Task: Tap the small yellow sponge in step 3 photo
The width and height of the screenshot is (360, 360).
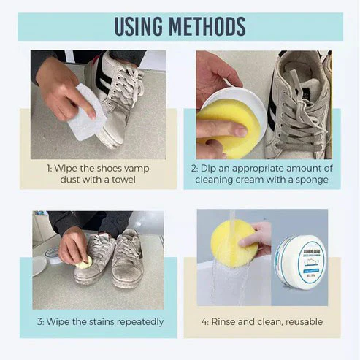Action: (x=83, y=261)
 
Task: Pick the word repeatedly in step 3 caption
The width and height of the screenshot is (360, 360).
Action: (x=138, y=322)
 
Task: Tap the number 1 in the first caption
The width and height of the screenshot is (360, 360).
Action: (x=48, y=169)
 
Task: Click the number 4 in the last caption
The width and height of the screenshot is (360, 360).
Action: (x=204, y=322)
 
